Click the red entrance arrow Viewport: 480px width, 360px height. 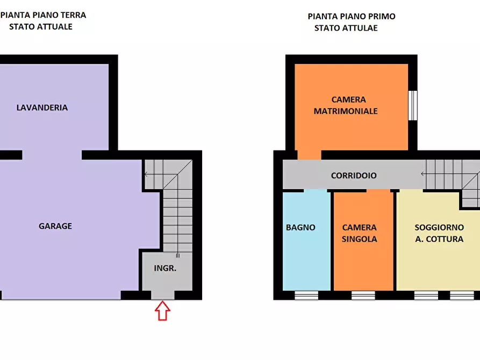(x=162, y=311)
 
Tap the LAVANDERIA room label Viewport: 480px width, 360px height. (x=42, y=107)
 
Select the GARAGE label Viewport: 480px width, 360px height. (x=55, y=226)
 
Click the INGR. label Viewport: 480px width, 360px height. (x=165, y=268)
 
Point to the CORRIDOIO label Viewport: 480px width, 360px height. (x=354, y=176)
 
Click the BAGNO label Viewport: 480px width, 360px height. (x=300, y=227)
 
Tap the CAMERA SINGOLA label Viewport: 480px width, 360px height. (x=360, y=233)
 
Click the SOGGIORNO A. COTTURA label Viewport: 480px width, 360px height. (x=439, y=233)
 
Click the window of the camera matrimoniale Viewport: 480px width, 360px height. (x=413, y=105)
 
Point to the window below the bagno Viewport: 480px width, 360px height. (x=306, y=295)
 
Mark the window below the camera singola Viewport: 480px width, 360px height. (x=363, y=295)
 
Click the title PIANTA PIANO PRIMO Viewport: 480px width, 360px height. (x=352, y=17)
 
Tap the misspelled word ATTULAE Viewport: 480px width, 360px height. (x=361, y=28)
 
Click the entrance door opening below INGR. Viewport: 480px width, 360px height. (x=162, y=295)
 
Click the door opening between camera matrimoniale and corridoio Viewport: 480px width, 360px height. (x=309, y=155)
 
